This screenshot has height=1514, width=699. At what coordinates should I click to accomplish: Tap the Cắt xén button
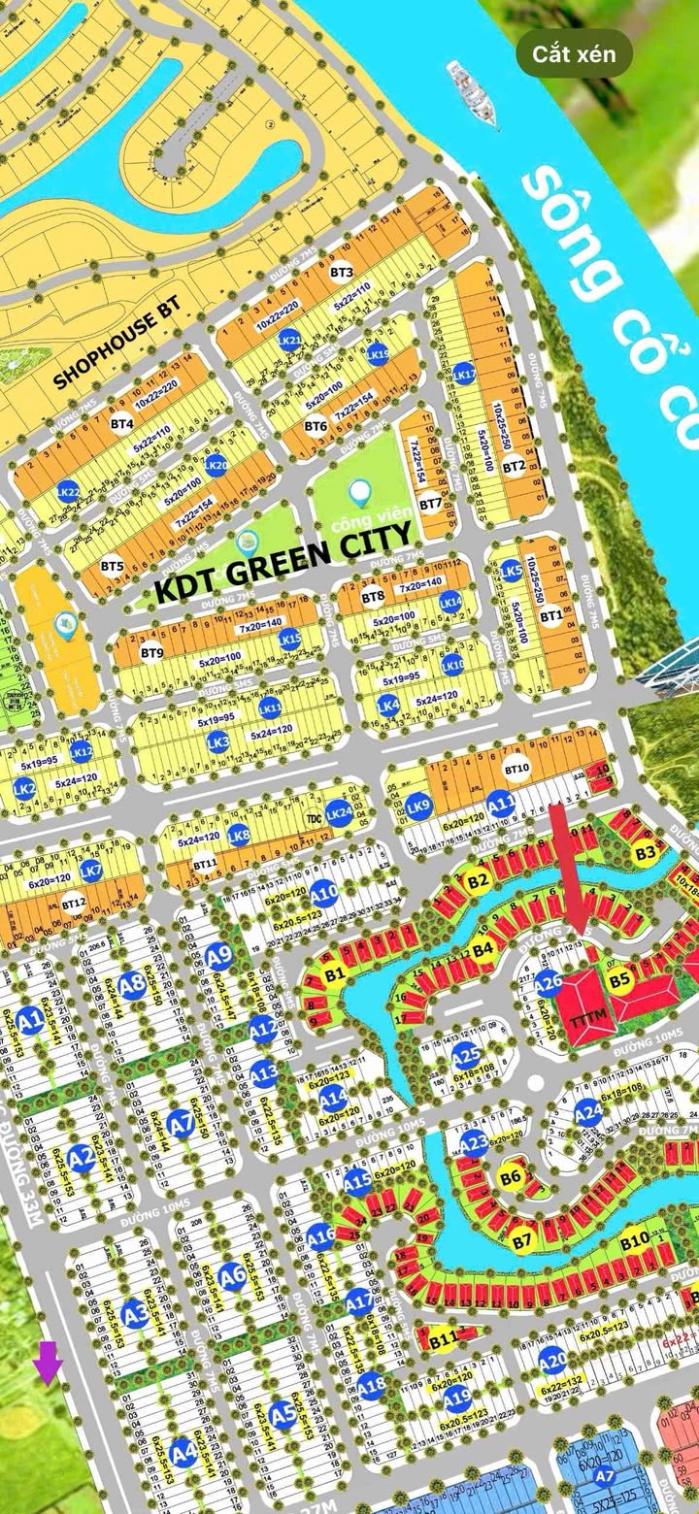pos(574,54)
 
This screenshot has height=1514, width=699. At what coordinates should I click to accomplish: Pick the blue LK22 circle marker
pos(68,491)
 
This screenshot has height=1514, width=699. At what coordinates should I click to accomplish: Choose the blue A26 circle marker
pos(549,983)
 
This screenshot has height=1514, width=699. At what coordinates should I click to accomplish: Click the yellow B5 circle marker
pos(620,980)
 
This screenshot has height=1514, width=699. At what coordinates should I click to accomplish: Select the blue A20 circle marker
pos(552,1360)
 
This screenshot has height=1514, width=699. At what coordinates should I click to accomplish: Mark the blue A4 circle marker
pos(183,1453)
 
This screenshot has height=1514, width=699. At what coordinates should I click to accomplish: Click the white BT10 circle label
pos(517,770)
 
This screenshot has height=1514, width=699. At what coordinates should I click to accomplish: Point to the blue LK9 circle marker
pos(418,806)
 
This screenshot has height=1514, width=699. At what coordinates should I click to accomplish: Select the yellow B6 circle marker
pos(512,1178)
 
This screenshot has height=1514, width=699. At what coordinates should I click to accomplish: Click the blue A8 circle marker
pos(134,983)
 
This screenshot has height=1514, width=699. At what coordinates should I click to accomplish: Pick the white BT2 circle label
pos(515,466)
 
